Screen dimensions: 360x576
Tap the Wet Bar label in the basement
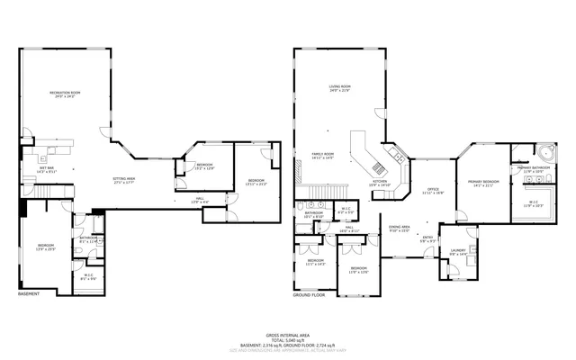[46, 169]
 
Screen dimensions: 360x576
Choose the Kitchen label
[380, 183]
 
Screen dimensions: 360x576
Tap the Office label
[433, 190]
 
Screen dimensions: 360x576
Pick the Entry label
[427, 239]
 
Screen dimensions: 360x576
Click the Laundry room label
[458, 251]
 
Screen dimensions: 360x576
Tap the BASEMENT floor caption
[29, 294]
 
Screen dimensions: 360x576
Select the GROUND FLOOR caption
[308, 294]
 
